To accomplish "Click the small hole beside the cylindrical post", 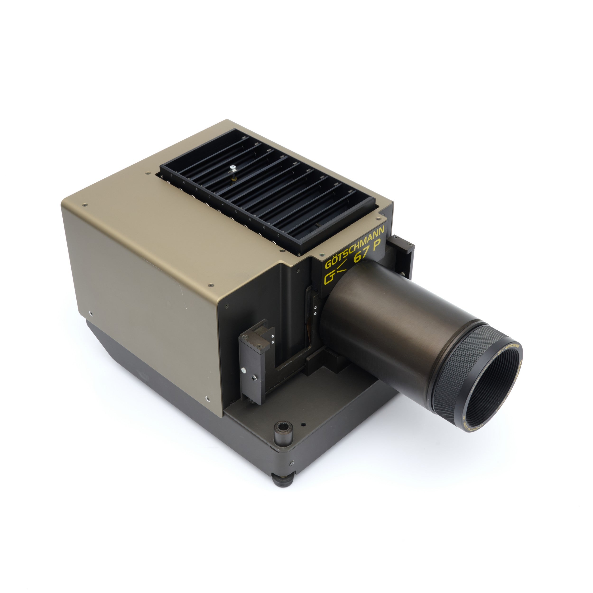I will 303,425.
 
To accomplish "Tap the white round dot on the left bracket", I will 243,370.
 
